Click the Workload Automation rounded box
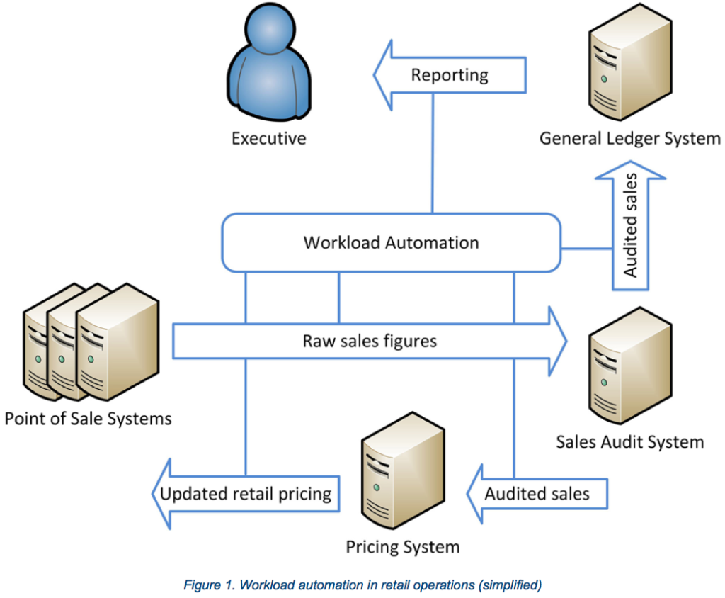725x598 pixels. coord(392,243)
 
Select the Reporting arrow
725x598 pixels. coord(450,74)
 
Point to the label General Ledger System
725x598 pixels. coord(630,137)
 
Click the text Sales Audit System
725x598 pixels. coord(629,442)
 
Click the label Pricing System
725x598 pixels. coord(402,547)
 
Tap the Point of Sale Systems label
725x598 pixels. coord(88,418)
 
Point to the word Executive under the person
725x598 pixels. coord(268,137)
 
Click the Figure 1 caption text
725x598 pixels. coord(362,585)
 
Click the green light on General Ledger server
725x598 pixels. coord(604,77)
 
